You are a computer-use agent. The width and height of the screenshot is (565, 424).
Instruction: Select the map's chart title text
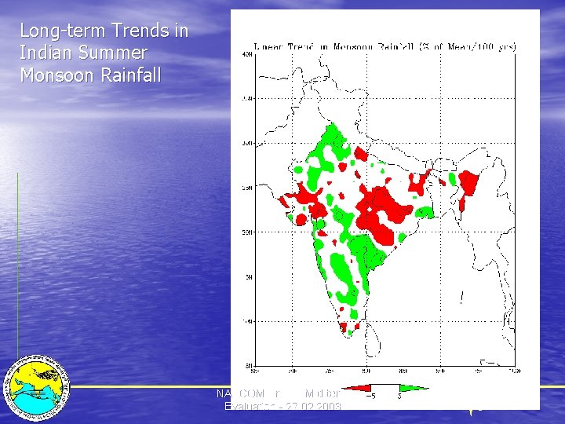click(385, 47)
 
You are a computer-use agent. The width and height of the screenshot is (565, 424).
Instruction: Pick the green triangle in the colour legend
click(414, 387)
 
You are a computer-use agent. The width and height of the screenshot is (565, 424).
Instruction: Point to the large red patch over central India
click(383, 207)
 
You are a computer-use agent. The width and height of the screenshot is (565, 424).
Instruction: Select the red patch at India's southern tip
click(344, 327)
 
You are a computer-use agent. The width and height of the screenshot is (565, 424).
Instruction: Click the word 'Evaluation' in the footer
click(249, 406)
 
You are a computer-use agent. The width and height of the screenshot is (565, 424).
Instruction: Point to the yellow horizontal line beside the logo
click(141, 386)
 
